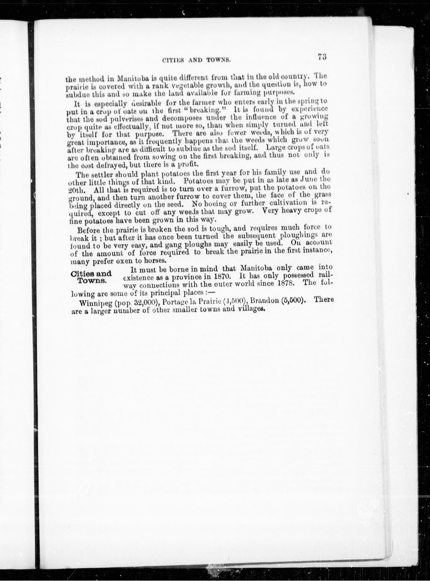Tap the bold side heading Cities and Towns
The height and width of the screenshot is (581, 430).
click(91, 277)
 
